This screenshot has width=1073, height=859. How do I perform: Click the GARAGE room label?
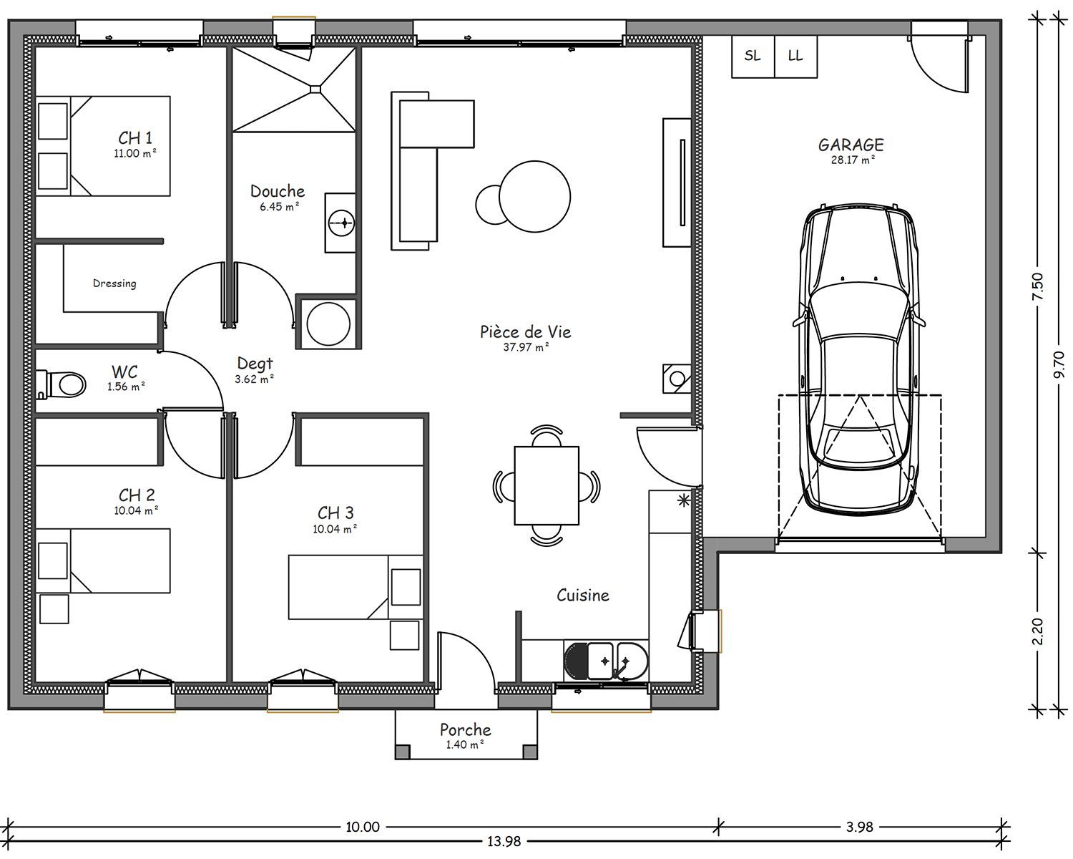[x=851, y=145]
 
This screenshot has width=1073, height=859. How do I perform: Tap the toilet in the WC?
[x=62, y=384]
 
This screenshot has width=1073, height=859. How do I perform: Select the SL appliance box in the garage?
[x=753, y=57]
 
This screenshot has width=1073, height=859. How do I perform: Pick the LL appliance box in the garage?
[x=795, y=57]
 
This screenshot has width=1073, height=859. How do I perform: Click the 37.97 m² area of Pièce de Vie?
[x=526, y=347]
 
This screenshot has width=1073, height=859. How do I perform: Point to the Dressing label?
[x=114, y=283]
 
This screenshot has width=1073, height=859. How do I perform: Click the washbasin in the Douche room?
[x=340, y=222]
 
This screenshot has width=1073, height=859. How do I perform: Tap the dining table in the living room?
[x=547, y=485]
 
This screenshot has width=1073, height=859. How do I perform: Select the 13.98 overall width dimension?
[x=504, y=842]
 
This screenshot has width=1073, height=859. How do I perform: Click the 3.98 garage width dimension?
[x=860, y=827]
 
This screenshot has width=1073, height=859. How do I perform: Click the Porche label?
[x=465, y=729]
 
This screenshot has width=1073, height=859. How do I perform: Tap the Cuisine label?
[x=583, y=595]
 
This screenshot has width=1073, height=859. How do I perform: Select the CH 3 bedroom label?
[x=335, y=513]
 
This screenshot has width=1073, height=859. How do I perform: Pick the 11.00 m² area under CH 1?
[x=135, y=153]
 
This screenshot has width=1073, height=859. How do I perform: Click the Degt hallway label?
[x=255, y=364]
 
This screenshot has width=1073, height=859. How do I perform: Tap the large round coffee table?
[x=534, y=196]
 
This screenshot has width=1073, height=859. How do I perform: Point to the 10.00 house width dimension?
[x=363, y=827]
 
